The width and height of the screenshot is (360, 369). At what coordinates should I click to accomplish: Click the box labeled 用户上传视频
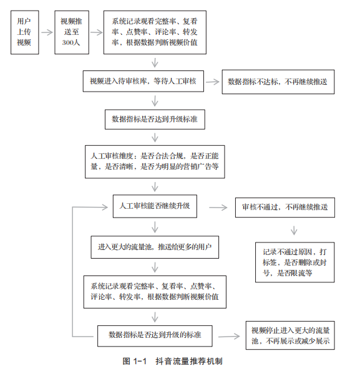pos(25,32)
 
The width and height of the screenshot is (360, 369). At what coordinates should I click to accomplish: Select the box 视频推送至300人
pos(72,32)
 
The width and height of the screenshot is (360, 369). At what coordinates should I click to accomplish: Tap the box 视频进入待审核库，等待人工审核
pos(144,81)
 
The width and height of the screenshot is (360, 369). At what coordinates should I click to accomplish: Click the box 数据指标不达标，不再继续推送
pos(278,82)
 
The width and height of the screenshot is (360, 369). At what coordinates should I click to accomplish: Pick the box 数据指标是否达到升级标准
pos(155,119)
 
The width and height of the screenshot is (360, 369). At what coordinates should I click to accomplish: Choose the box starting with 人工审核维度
pos(155,161)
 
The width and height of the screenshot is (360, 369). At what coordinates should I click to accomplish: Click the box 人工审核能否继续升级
pos(155,206)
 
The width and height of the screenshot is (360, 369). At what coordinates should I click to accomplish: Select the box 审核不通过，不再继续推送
pos(285,208)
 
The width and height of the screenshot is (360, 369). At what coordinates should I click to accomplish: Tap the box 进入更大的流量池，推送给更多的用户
pos(155,247)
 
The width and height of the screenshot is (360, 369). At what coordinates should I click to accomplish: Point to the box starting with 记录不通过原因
pos(294,262)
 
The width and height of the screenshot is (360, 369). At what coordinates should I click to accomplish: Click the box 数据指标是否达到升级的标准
pos(155,336)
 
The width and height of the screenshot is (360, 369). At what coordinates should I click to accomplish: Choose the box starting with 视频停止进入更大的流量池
pos(290,335)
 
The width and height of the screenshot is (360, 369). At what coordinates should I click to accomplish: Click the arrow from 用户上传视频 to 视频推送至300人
pos(47,32)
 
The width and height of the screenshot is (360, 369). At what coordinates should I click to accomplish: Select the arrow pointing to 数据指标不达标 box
pos(213,82)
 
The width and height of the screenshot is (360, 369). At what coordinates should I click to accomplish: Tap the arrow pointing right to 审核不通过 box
pos(218,208)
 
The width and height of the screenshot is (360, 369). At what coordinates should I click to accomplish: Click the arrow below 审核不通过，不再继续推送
pos(294,230)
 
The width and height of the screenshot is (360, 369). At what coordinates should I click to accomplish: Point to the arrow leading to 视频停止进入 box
pos(229,337)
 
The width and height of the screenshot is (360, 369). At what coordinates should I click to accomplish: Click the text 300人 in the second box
pos(71,42)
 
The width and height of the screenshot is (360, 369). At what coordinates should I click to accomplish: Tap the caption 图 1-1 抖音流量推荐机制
pos(172,362)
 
